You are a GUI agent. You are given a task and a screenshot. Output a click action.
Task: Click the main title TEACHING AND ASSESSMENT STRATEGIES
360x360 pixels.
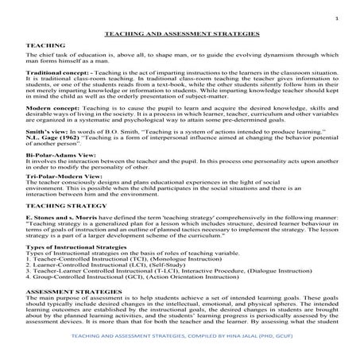pos(180,36)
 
